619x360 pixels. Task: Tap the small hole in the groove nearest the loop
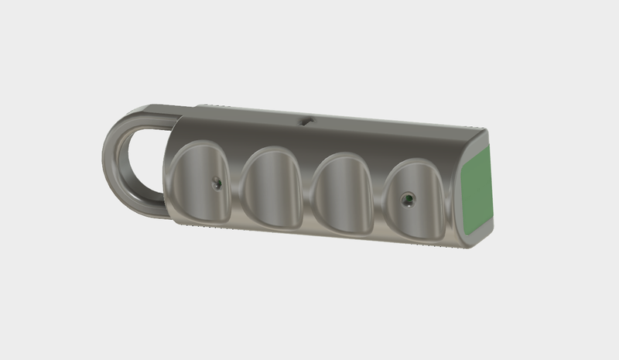tap(217, 183)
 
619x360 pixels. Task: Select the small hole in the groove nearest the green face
tap(406, 200)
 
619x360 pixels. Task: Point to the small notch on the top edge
tap(306, 120)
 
